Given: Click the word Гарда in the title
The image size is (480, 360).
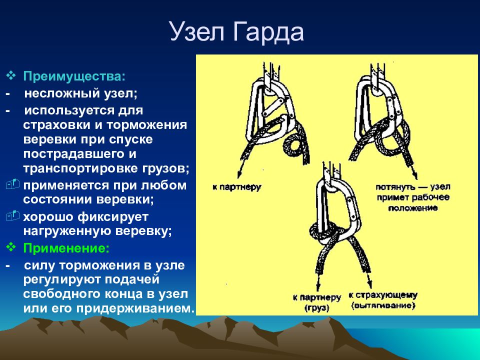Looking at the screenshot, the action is pos(268,32).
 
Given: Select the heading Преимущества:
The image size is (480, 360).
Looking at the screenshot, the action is pos(74,76).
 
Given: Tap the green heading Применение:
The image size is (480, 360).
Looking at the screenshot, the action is pos(66,248).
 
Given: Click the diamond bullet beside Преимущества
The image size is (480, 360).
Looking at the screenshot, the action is pos(11,75).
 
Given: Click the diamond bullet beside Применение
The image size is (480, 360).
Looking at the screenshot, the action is pos(11,246).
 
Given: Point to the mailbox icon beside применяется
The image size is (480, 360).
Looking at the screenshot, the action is pos(12,184).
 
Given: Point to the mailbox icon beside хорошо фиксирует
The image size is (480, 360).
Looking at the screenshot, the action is pos(12,215).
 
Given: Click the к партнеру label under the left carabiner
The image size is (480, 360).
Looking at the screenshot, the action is pos(237,187).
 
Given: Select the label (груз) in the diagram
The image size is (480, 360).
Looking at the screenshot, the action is pos(317,307).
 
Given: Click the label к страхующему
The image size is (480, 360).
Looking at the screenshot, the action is pos(383,295).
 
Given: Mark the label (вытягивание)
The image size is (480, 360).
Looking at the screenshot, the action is pos(383,305).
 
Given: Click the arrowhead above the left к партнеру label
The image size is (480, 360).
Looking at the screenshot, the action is pos(239,174).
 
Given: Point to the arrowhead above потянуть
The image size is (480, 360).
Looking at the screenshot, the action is pos(415,175).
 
